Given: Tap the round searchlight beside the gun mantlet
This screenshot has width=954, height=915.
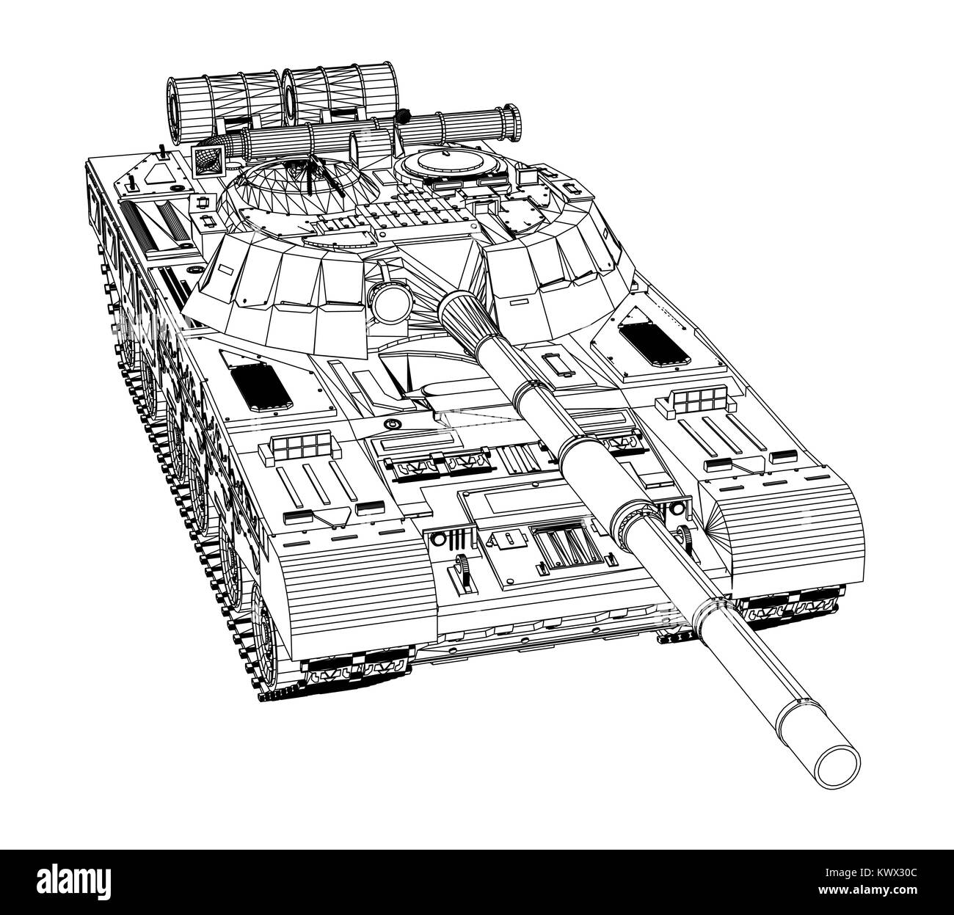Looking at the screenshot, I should pyautogui.click(x=391, y=302).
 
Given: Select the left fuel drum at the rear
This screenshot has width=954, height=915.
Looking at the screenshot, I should pyautogui.click(x=221, y=109).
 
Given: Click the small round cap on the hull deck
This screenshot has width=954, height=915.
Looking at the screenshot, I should pyautogui.click(x=391, y=424).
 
